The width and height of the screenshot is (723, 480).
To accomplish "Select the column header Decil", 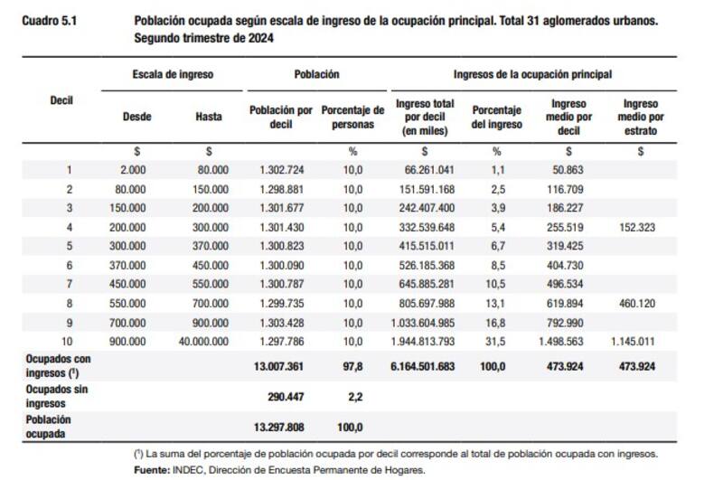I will click(x=61, y=100).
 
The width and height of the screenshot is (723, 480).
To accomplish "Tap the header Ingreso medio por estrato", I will click(x=640, y=118).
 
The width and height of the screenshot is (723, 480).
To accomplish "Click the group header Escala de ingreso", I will click(x=173, y=73).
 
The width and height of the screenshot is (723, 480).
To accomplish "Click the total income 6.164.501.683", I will click(x=424, y=367).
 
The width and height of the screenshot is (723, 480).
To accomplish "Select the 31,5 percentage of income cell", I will click(x=496, y=342).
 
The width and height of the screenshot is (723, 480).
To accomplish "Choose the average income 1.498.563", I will click(x=570, y=342).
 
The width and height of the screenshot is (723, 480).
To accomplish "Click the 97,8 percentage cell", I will click(x=352, y=367).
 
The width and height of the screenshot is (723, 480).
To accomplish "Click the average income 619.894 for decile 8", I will click(x=570, y=304).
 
